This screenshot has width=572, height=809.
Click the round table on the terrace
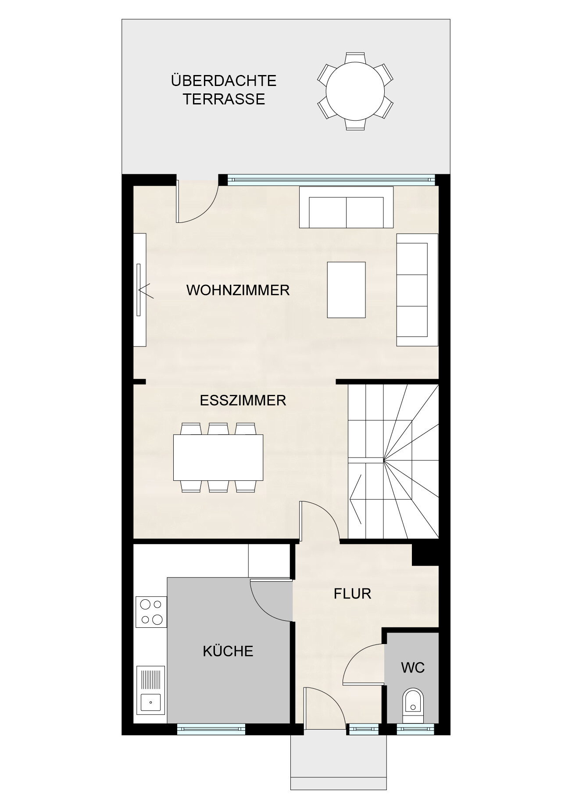click(355, 91)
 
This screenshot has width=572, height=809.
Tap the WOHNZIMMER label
click(238, 290)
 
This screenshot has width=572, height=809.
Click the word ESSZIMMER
click(243, 401)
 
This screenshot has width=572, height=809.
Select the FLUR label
click(352, 594)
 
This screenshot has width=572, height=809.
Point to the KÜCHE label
click(228, 651)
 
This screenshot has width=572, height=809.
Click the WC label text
click(412, 668)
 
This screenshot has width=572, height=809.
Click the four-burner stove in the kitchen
click(151, 612)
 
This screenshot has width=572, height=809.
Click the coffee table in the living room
click(346, 290)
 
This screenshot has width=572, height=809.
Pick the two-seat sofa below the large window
click(346, 207)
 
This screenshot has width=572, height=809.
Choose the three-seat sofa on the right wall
click(416, 290)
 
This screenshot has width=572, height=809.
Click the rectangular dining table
click(218, 457)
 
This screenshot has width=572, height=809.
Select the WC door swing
click(362, 665)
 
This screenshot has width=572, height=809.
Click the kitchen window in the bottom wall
click(211, 729)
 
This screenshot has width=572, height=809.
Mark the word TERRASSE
click(224, 99)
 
